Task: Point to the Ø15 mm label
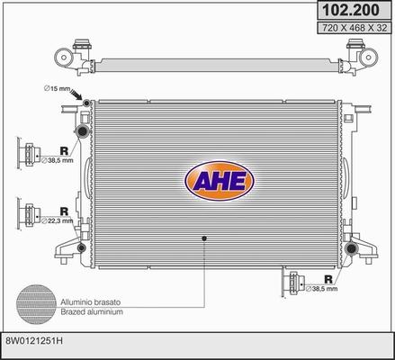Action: (56, 87)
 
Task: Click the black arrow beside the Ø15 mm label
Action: (78, 96)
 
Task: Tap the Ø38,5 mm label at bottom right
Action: (327, 289)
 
